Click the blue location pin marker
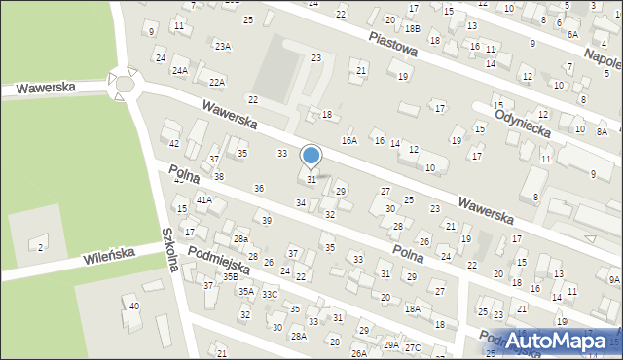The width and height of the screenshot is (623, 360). coord(311,156)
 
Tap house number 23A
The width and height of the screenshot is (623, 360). coord(223,47)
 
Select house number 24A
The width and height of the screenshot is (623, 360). coord(180,70)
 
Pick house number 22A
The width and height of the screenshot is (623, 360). coord(216,83)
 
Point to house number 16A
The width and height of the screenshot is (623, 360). coord(348,140)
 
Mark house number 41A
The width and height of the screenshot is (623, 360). coord(203,199)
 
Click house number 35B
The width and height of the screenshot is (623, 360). coord(230,277)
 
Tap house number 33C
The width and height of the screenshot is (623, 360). coord(270,294)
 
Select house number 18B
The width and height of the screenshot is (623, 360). coord(413,29)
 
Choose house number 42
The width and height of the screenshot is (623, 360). coord(174,143)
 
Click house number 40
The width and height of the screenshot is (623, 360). coord(134,306)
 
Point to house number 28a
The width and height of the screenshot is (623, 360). coord(240,238)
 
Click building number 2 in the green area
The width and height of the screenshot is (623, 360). coord(40,247)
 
